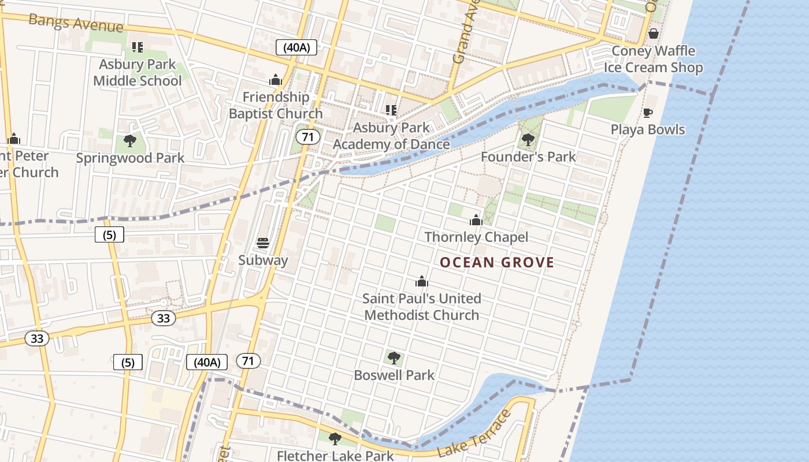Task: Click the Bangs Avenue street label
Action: [75, 23]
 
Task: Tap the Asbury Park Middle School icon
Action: [137, 47]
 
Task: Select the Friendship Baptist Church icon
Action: [276, 79]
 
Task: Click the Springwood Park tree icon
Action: [130, 140]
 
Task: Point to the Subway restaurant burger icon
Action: [263, 243]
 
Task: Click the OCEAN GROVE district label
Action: [497, 263]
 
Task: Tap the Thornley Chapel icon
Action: [476, 220]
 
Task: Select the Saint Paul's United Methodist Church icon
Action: [422, 281]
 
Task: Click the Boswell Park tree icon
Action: [394, 358]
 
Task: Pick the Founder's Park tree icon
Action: [528, 139]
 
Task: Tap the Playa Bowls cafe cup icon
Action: [648, 113]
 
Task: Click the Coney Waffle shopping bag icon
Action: [654, 33]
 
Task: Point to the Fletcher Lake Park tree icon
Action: [335, 439]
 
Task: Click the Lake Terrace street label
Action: [474, 434]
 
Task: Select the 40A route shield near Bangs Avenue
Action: [296, 47]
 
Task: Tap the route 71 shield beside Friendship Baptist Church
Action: [307, 137]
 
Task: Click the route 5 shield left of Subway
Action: [109, 234]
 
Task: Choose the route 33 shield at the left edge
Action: [37, 338]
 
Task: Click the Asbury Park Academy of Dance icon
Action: [391, 110]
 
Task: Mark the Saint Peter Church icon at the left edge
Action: [14, 139]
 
